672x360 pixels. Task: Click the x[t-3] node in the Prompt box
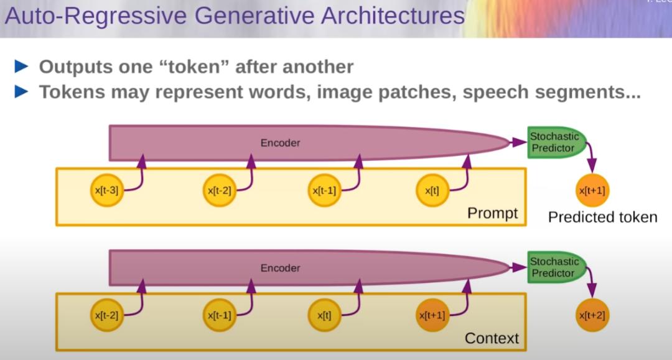(x=107, y=190)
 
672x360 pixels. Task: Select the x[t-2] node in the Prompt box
(x=220, y=190)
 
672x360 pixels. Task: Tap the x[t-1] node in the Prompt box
(x=324, y=190)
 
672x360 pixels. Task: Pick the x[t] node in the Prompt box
(x=432, y=190)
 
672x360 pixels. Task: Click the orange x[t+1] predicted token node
(x=592, y=190)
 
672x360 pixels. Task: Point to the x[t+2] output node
(x=592, y=315)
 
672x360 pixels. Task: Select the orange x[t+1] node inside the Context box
(x=432, y=315)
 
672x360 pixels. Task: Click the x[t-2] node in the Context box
(x=107, y=315)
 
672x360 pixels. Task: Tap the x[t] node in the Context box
(x=324, y=315)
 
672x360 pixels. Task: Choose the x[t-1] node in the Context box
(x=220, y=315)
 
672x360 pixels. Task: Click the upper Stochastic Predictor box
(x=556, y=142)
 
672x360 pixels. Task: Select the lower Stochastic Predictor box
(x=556, y=267)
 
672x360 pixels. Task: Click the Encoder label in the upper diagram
(x=280, y=143)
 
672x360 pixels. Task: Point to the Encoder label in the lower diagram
(x=280, y=268)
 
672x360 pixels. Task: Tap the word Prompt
(x=492, y=213)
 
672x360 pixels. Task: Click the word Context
(x=492, y=338)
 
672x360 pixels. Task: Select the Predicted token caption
(x=602, y=217)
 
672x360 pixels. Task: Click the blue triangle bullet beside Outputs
(x=21, y=67)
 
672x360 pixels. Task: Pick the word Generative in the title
(x=254, y=16)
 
